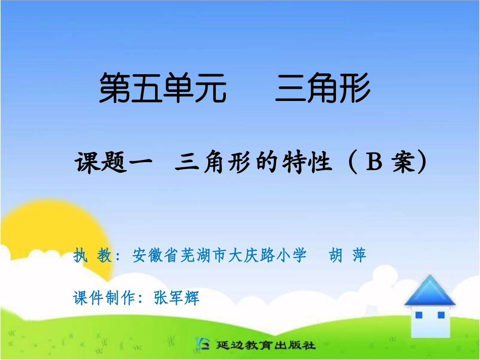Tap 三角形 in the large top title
coord(323,88)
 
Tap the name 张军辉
coord(176,298)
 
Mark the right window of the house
coord(441,315)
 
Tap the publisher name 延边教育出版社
coord(265,346)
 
